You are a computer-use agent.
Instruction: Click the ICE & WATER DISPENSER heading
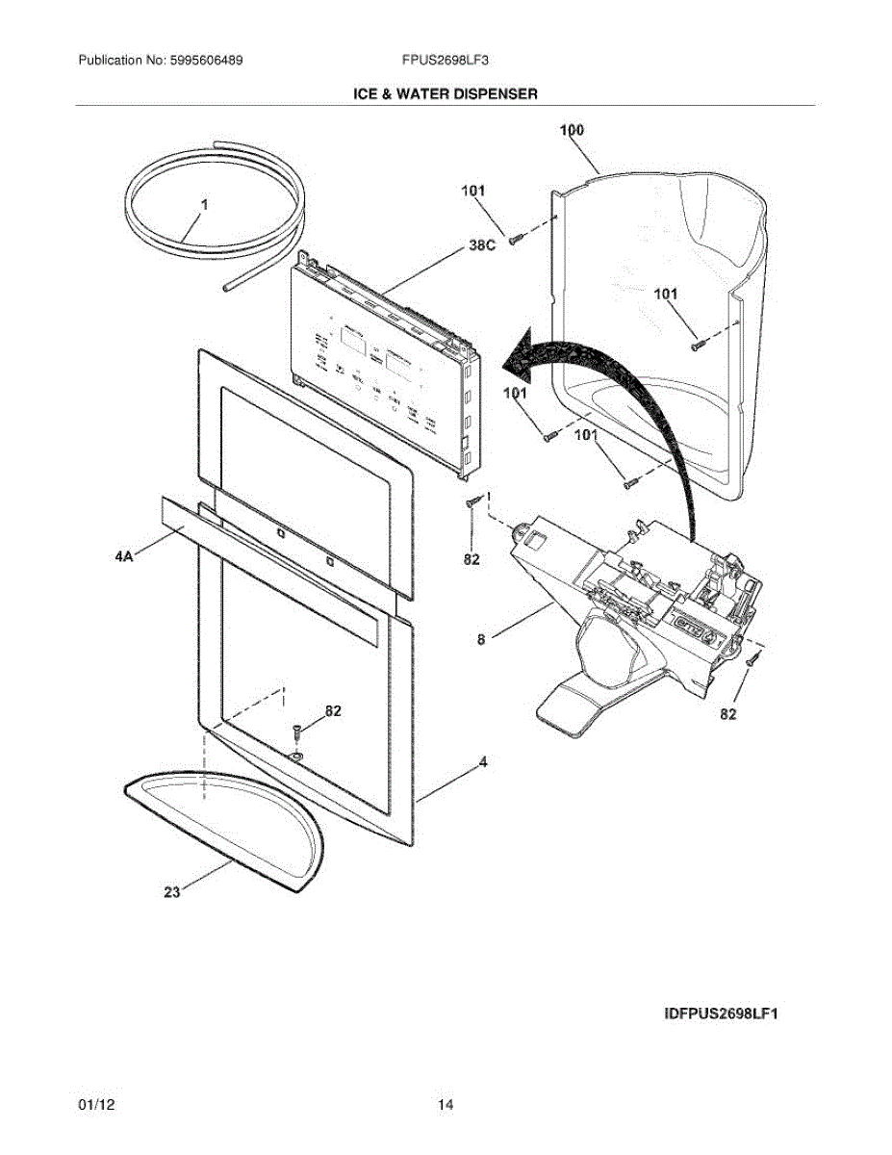click(x=446, y=93)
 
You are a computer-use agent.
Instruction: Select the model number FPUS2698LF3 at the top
click(x=446, y=60)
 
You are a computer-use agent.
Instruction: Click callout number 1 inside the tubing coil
click(x=204, y=205)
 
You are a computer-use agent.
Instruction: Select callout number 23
click(x=171, y=892)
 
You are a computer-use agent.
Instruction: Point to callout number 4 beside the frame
click(x=483, y=762)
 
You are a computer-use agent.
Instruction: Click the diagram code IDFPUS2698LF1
click(x=720, y=1014)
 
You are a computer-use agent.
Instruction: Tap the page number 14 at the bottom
click(x=446, y=1104)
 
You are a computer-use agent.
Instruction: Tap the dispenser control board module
click(x=385, y=366)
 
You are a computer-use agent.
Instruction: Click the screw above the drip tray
click(x=296, y=732)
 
